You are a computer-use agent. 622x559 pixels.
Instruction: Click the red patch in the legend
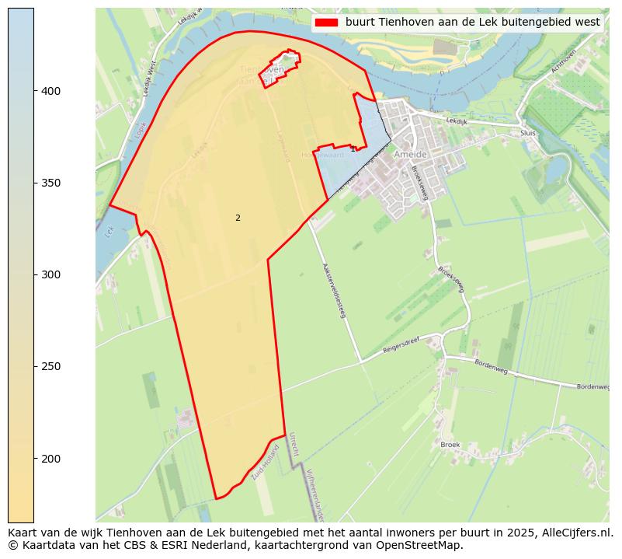(x=326, y=23)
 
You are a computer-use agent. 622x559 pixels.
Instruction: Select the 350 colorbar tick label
(x=50, y=183)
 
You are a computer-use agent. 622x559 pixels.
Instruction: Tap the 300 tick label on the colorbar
(x=50, y=274)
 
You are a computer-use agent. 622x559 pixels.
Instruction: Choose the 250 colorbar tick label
(x=50, y=366)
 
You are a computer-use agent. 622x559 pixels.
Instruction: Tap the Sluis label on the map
(x=528, y=133)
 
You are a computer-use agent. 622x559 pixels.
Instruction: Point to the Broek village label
(x=450, y=445)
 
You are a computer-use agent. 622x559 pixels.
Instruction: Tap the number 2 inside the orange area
(x=238, y=218)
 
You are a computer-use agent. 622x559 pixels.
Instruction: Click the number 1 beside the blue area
(x=353, y=148)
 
